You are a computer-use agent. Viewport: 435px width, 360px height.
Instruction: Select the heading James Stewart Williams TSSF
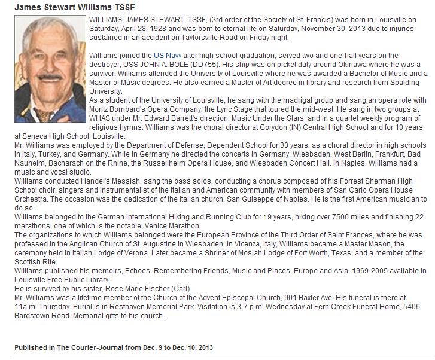pos(70,7)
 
